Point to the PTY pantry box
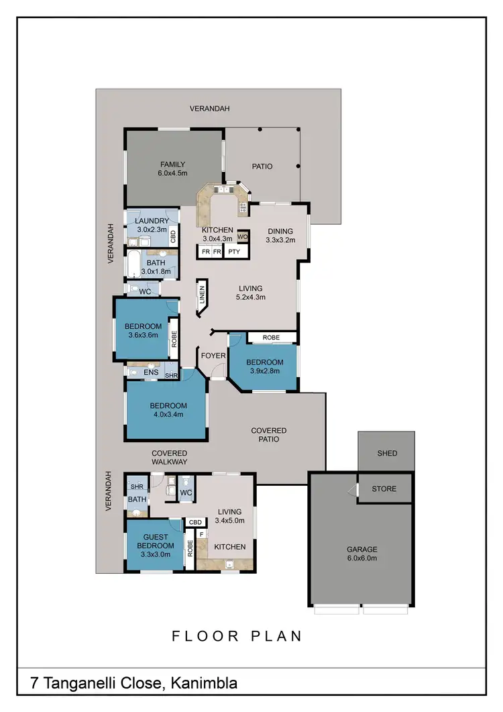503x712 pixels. point(234,252)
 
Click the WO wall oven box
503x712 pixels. point(243,236)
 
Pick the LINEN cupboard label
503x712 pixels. point(201,296)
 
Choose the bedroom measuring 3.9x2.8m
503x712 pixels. point(265,366)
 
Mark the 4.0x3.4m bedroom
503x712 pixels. point(167,410)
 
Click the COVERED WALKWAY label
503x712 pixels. point(169,458)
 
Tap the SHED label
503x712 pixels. point(386,454)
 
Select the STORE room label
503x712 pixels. point(384,489)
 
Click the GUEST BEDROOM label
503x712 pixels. point(155,546)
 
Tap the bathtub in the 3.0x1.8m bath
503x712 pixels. point(132,264)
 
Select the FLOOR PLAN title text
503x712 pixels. point(237,635)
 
